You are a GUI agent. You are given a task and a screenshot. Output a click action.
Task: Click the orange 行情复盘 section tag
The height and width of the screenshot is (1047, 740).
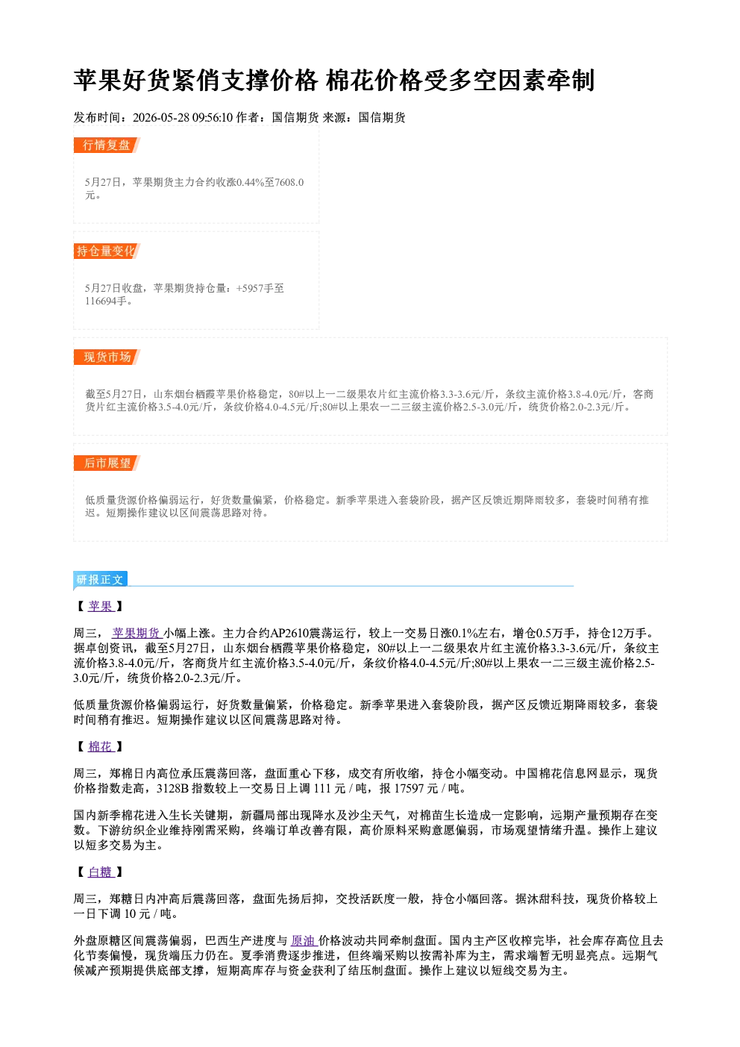point(107,145)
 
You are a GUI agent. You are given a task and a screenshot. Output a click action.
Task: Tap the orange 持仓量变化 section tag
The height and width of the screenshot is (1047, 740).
point(107,251)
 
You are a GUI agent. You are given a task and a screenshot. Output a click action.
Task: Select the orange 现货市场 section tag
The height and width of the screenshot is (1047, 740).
point(107,357)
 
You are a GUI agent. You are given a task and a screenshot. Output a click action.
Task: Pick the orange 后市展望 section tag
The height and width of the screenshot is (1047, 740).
point(107,463)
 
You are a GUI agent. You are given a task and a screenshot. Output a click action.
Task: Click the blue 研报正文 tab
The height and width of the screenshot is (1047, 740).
point(100,580)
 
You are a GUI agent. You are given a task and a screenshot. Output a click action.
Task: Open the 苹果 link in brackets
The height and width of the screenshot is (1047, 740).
point(101,606)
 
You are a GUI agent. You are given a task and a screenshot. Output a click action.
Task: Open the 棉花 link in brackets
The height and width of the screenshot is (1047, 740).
point(101,746)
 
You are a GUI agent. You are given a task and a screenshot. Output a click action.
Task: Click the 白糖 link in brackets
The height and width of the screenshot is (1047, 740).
point(101,872)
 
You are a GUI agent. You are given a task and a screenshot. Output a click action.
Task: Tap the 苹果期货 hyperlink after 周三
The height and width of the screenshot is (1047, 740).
point(137,634)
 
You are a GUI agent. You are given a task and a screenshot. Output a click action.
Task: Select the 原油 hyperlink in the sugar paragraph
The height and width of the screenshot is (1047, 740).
point(304,940)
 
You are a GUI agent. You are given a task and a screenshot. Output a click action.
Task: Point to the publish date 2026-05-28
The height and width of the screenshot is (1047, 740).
point(161,117)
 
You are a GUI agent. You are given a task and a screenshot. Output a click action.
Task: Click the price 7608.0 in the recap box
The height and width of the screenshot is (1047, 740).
point(289,182)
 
